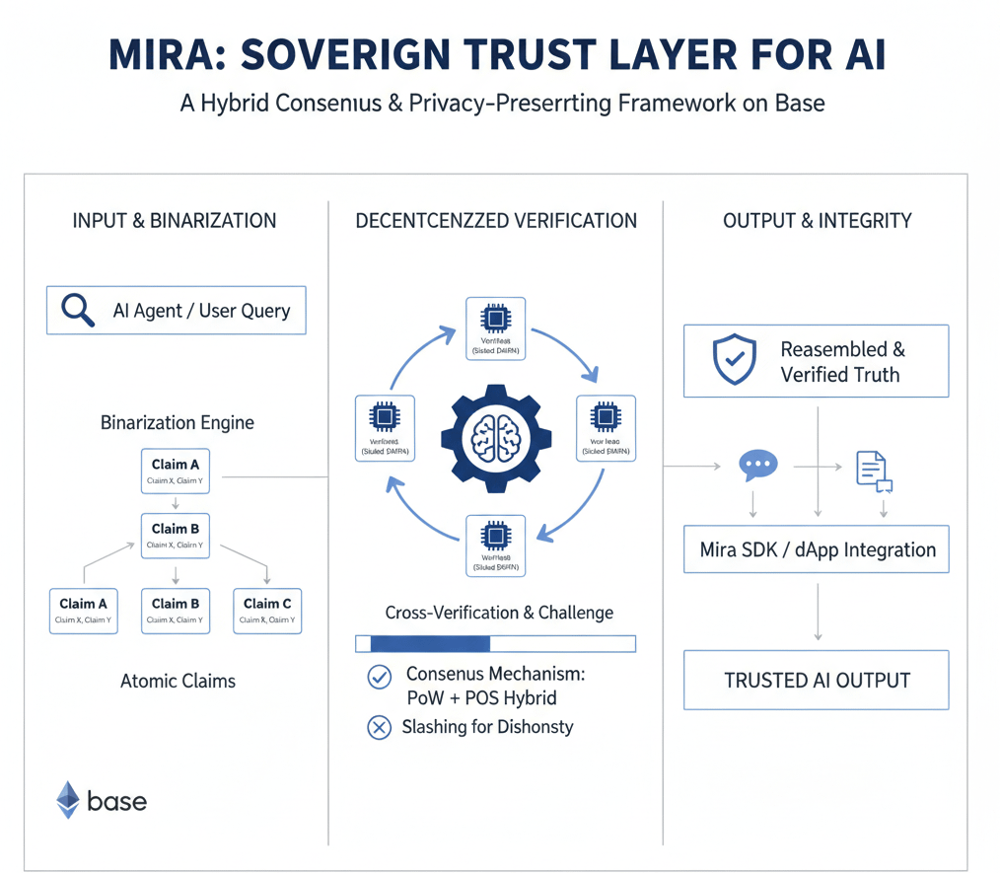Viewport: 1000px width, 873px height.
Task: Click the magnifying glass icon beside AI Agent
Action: (78, 310)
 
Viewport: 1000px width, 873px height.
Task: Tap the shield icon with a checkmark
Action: (734, 360)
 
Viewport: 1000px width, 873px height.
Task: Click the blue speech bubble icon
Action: (758, 466)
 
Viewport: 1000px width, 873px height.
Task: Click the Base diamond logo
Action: (68, 800)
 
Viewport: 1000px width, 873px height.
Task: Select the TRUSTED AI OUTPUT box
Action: (816, 680)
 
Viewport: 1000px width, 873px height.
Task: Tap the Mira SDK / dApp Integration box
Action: (816, 549)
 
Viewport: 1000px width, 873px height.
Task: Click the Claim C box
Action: (267, 611)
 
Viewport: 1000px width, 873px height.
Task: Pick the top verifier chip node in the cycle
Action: (495, 327)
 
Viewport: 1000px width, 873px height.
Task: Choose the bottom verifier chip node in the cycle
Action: (495, 546)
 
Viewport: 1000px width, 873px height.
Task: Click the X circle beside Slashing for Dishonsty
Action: (379, 728)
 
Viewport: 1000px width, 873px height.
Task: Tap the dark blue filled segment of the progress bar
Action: (430, 644)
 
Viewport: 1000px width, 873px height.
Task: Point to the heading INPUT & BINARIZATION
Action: (175, 221)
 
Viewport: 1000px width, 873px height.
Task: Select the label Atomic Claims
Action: (178, 681)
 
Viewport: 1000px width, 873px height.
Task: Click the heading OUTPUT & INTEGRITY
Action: (817, 221)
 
